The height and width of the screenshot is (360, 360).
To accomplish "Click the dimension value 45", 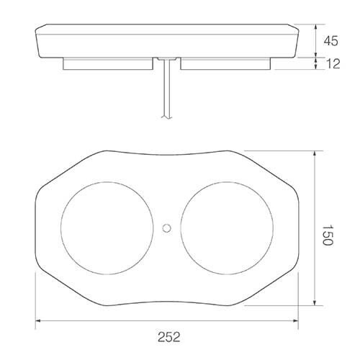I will (x=332, y=42).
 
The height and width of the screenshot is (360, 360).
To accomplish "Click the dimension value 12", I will (x=332, y=64).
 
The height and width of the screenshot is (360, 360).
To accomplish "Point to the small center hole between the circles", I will (x=167, y=228).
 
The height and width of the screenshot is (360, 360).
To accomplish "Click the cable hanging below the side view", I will (x=167, y=94).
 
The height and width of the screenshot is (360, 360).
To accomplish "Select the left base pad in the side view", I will (x=109, y=65).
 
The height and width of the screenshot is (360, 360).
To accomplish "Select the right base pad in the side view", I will (x=225, y=65).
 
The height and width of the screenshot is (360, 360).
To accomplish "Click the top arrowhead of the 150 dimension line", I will (x=316, y=153).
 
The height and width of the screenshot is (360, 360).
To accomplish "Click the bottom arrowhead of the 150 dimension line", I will (x=316, y=303).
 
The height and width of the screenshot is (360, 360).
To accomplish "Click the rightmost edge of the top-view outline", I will (x=300, y=228).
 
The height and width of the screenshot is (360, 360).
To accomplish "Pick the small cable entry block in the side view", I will (x=167, y=57).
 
